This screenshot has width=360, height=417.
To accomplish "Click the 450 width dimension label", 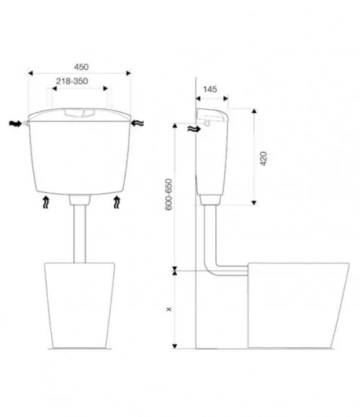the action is (81, 67).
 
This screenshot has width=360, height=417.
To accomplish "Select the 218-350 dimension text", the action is (72, 81).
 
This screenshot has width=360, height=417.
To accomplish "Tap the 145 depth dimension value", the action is (210, 90).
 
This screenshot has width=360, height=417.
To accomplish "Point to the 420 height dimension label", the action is (263, 159).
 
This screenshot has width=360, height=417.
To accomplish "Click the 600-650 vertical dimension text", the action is (168, 195).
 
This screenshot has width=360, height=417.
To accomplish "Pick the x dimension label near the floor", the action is (169, 309).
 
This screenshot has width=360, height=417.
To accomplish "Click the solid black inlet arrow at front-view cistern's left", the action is (15, 123).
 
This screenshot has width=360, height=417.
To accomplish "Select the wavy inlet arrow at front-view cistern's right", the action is (138, 123).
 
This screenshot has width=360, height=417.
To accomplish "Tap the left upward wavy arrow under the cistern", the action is (46, 203).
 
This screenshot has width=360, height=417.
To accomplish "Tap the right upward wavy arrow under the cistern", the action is (116, 203).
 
